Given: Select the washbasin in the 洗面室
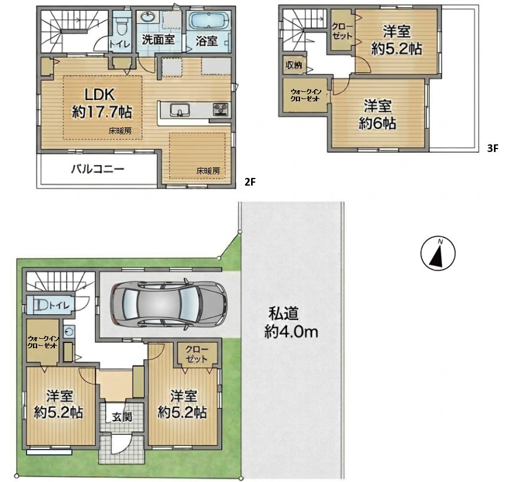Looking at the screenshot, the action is tap(149, 16).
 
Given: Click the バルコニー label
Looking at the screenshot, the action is tap(98, 169).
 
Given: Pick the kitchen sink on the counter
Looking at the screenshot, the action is tap(179, 110).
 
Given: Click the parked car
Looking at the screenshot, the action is tap(169, 303).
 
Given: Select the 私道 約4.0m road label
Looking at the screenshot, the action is tap(291, 323).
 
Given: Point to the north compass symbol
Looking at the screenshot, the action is tap(438, 253).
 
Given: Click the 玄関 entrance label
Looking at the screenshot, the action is tap(121, 417).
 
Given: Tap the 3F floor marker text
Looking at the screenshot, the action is tap(492, 148).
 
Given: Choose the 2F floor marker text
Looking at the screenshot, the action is tap(250, 182).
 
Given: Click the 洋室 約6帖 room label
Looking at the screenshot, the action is tap(377, 115).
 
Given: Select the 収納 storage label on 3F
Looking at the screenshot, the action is tap(294, 65).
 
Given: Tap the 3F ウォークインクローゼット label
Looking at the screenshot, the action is tap(305, 95).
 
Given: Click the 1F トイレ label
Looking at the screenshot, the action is tap(60, 306).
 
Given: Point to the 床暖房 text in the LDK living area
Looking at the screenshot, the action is tap(120, 131).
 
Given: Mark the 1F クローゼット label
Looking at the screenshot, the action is tap(196, 354).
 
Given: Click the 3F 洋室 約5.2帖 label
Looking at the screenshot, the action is tap(397, 40).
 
